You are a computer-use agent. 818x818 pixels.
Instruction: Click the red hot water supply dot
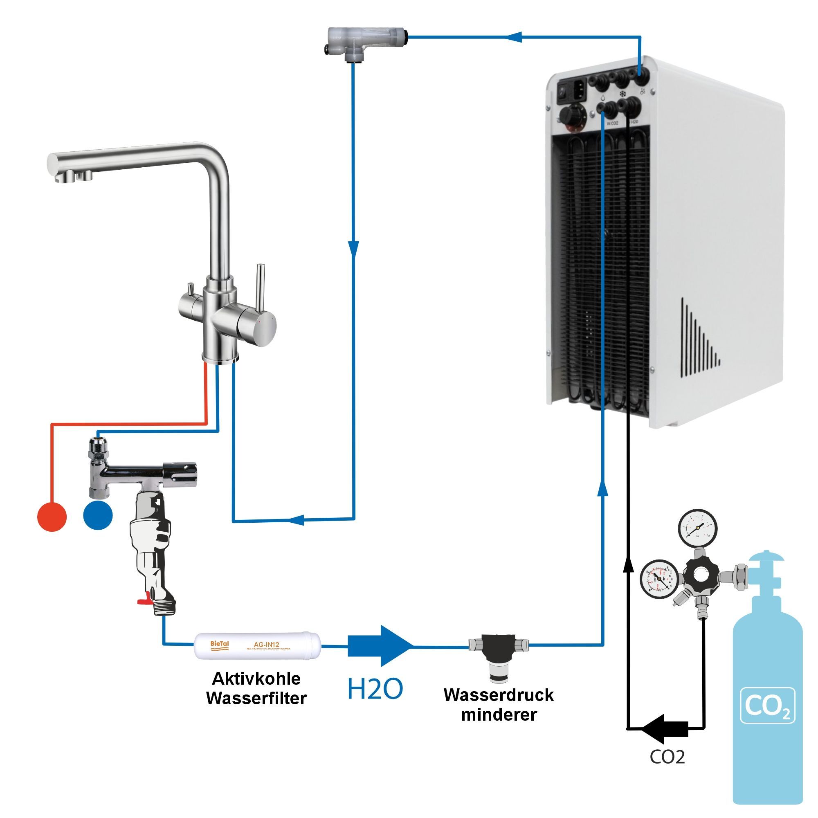coord(52,516)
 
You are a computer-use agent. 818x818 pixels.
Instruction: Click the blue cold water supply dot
coord(98,515)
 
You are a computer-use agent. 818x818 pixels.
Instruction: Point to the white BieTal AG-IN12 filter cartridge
coord(257,646)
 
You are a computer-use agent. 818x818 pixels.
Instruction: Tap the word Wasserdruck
coord(499,695)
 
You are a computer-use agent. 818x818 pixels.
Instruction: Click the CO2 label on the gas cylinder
coord(767,706)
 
